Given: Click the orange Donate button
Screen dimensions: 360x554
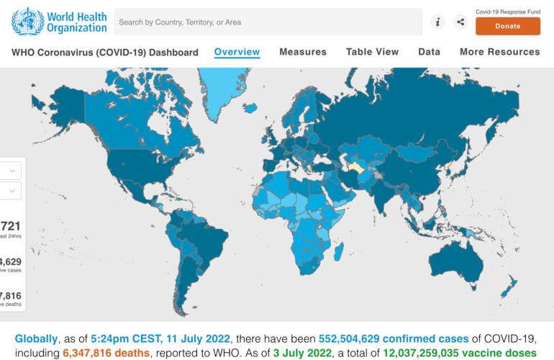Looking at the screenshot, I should coord(507,26).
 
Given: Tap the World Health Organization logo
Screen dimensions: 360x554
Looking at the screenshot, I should coord(59,22).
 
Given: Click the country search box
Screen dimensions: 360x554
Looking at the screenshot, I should coord(268,22).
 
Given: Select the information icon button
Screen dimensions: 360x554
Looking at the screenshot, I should coord(437,22).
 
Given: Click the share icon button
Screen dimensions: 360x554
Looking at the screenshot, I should coord(460,22).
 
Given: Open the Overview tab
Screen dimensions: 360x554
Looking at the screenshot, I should coord(237,52).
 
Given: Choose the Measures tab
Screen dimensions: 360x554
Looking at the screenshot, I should coord(303,52).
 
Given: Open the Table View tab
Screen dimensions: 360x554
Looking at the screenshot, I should coord(372,52).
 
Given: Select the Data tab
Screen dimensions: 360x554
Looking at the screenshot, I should coord(429,52).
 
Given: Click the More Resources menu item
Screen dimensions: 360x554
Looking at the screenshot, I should coord(499,52).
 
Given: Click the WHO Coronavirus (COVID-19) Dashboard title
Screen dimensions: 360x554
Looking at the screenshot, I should coord(105,53).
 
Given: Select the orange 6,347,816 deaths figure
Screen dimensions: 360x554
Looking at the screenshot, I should coord(106,354).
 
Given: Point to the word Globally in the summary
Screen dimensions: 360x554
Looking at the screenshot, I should coord(36,339).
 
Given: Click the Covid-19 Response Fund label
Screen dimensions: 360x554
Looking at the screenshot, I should coord(507,12).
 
